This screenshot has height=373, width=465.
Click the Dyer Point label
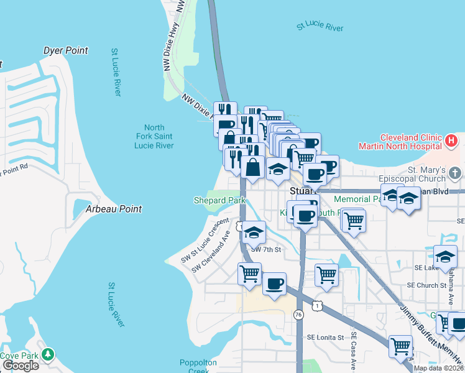click(x=65, y=50)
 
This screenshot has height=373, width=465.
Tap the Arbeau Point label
click(x=114, y=209)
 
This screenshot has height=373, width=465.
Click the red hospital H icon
click(x=452, y=141)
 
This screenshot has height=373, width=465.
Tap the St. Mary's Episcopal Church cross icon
click(x=455, y=172)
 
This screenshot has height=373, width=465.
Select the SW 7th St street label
click(x=266, y=250)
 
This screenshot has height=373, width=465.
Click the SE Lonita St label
click(x=325, y=338)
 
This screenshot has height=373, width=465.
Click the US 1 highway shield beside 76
click(x=318, y=306)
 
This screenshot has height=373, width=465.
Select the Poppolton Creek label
click(x=198, y=366)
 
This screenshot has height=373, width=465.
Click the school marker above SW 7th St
click(x=253, y=233)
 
